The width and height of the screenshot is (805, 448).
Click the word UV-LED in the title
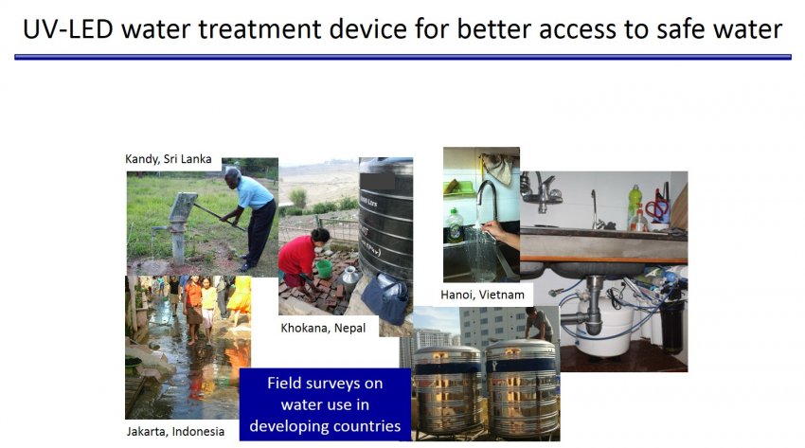tap(68, 28)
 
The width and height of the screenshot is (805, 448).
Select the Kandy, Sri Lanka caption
tap(169, 159)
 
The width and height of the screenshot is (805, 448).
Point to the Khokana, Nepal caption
tap(323, 328)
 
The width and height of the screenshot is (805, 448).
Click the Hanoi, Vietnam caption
tap(483, 296)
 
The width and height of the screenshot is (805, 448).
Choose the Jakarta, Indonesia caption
tap(175, 432)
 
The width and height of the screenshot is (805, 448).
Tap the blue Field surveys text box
tap(325, 404)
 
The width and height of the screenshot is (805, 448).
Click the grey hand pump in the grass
tap(179, 225)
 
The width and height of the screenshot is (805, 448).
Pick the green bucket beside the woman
tap(324, 269)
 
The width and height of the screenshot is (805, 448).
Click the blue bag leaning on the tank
tap(385, 298)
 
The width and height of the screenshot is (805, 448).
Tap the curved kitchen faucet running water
tap(486, 198)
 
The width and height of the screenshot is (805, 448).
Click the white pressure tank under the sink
tap(605, 328)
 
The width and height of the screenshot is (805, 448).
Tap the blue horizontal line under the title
tap(403, 57)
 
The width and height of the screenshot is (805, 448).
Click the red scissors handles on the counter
tap(656, 207)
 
